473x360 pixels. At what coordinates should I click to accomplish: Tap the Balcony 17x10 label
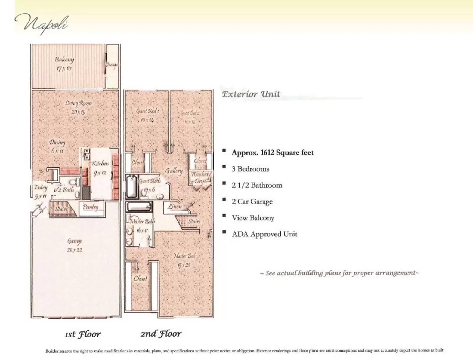click(64, 64)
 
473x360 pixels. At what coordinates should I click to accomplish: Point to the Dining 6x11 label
click(57, 146)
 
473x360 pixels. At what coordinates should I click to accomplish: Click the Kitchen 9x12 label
click(100, 167)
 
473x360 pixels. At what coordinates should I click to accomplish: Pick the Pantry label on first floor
click(90, 207)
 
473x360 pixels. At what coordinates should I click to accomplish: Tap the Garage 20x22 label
click(74, 245)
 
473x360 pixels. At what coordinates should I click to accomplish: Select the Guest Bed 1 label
click(148, 115)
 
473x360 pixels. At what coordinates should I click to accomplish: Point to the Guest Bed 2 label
click(190, 117)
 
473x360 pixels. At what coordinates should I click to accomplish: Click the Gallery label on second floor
click(174, 171)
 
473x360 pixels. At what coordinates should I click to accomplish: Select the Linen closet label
click(175, 206)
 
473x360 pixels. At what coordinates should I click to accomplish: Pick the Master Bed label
click(184, 260)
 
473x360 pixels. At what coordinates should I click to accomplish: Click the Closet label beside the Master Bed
click(140, 278)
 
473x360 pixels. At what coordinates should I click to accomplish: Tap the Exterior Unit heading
click(251, 94)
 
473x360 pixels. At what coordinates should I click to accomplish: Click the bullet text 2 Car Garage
click(252, 202)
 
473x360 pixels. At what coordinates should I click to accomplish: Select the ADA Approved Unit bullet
click(264, 234)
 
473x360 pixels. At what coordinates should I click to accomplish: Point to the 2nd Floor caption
click(161, 334)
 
